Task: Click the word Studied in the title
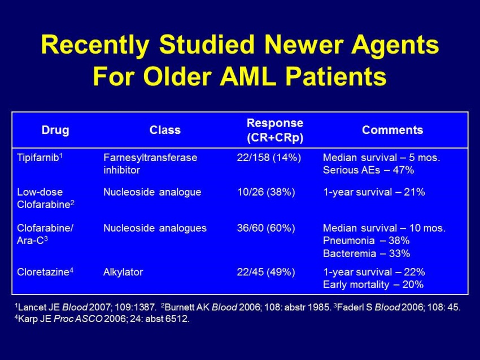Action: click(207, 45)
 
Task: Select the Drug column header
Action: click(55, 130)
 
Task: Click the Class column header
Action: click(165, 130)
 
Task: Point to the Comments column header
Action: click(392, 130)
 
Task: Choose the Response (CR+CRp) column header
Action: click(275, 130)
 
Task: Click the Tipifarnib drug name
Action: click(40, 158)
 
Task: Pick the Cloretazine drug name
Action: click(45, 272)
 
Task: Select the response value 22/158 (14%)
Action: click(269, 158)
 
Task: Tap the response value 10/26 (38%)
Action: click(266, 192)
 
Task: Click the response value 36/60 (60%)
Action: click(266, 228)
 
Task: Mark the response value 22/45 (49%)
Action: click(266, 272)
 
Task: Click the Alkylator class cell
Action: click(123, 272)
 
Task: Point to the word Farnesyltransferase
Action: click(150, 158)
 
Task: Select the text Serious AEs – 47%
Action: click(369, 170)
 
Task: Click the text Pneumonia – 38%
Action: click(366, 241)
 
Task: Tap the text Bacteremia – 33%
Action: click(366, 253)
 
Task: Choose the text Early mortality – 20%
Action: click(373, 284)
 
